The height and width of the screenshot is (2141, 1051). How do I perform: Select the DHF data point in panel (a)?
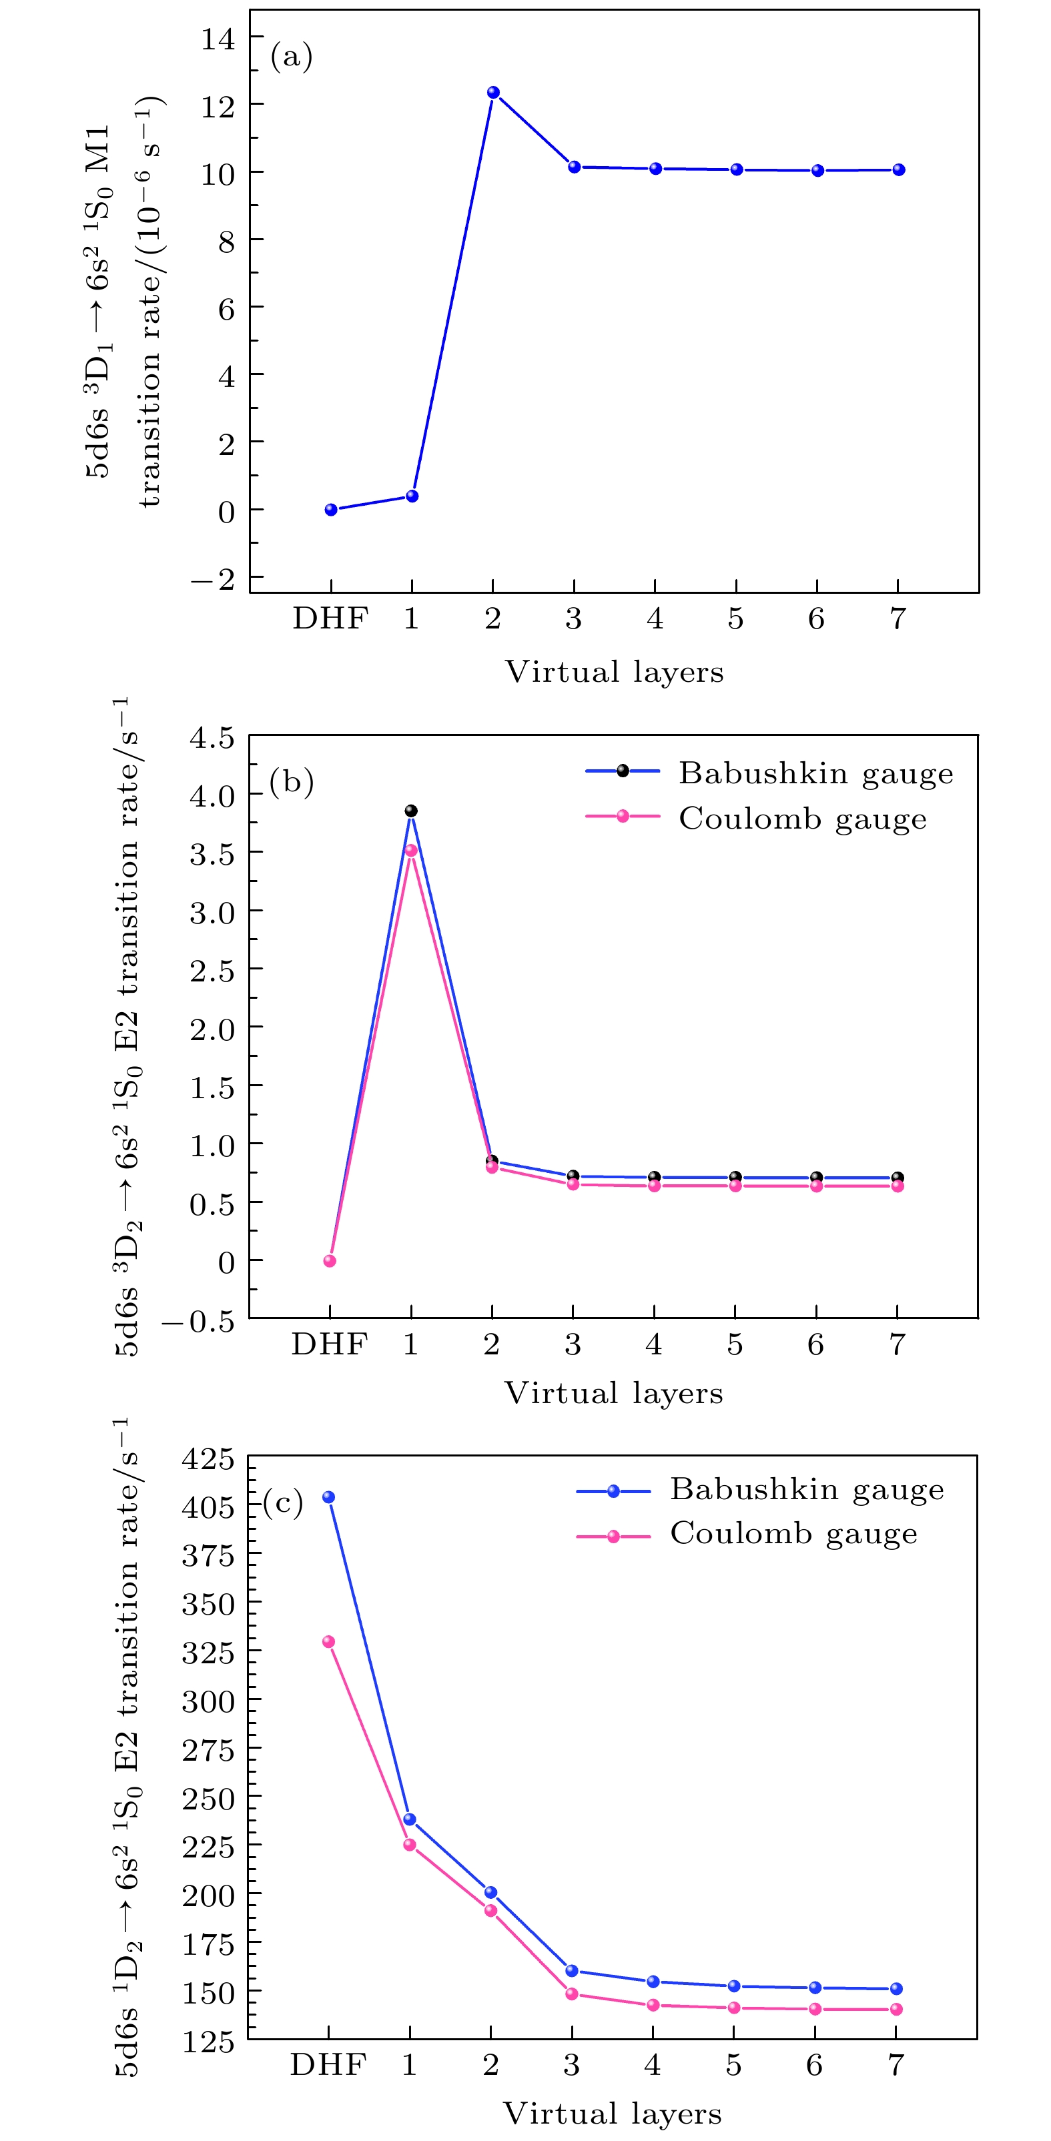coord(331,510)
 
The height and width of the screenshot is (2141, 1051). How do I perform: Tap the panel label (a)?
coord(291,57)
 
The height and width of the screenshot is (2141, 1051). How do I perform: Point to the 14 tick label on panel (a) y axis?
coord(218,38)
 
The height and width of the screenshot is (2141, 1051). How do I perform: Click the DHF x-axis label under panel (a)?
coord(330,619)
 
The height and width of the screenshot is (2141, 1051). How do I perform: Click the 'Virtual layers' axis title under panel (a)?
coord(615,672)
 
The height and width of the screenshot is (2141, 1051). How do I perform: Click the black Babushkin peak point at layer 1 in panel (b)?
coord(411,811)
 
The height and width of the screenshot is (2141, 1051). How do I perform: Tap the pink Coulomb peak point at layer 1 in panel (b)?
coord(411,850)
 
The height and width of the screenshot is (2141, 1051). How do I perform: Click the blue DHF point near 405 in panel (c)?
coord(329,1497)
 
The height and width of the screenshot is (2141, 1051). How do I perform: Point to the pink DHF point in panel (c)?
coord(328,1641)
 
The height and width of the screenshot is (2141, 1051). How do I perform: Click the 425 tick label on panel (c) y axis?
coord(208,1460)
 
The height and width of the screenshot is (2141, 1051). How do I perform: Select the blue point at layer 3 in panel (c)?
coord(572,1971)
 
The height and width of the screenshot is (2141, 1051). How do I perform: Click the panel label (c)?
coord(283,1503)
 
